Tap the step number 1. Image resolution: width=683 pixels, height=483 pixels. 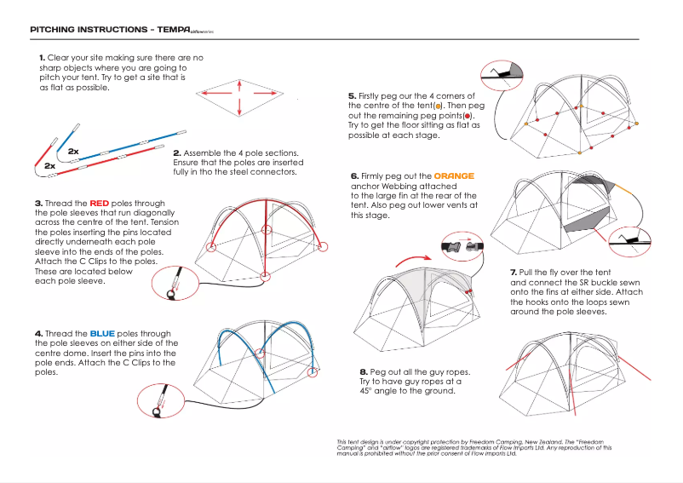coord(42,57)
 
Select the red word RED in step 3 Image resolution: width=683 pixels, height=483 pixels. coord(100,204)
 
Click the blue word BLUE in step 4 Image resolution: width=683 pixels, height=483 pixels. coord(101,333)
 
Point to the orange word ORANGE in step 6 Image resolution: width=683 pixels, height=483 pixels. coord(454,175)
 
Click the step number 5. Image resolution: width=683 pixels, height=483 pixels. coord(352,95)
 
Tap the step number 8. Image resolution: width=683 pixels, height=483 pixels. coord(364,372)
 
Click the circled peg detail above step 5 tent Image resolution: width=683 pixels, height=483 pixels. coord(504,75)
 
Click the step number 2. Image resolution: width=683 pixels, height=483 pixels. coord(176,152)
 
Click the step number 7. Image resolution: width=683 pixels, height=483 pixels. coord(514,272)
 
